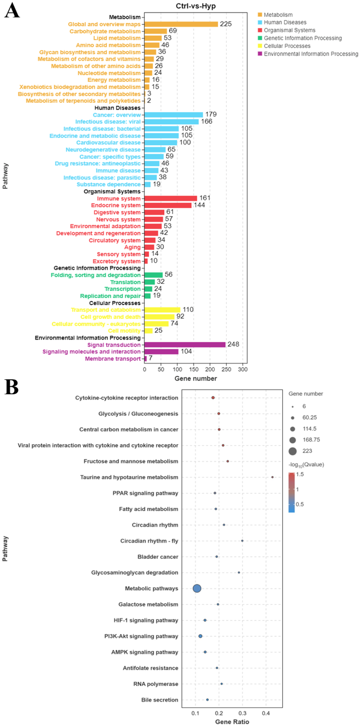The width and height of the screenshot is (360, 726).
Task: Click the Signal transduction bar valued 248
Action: (185, 344)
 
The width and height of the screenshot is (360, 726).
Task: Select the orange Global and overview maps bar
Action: (181, 24)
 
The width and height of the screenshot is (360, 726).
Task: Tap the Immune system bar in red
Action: (170, 198)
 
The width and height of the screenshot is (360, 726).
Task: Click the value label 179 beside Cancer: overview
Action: (211, 114)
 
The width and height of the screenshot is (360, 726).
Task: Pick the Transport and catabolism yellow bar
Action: (162, 310)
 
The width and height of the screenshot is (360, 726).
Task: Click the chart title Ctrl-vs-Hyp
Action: (195, 6)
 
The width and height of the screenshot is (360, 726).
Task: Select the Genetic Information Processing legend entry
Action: (303, 38)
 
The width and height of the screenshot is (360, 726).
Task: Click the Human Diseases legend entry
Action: (285, 22)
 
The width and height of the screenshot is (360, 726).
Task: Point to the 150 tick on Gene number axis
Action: (194, 369)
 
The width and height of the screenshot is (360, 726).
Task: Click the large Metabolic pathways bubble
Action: (197, 588)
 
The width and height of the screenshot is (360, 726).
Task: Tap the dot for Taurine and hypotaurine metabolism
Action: (272, 477)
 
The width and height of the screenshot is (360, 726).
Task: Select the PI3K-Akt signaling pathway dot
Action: (200, 636)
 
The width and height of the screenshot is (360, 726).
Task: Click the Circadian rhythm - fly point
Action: (242, 541)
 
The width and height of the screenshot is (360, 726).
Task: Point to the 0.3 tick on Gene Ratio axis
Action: (242, 713)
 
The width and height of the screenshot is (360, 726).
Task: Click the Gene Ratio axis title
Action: (232, 722)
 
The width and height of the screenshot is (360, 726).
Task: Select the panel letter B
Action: (12, 387)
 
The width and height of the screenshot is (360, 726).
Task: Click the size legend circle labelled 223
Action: (292, 451)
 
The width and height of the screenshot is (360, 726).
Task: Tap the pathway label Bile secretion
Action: (159, 700)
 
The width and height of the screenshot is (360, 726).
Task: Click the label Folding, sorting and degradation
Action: (96, 275)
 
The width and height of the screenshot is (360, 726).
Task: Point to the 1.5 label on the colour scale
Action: (300, 474)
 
